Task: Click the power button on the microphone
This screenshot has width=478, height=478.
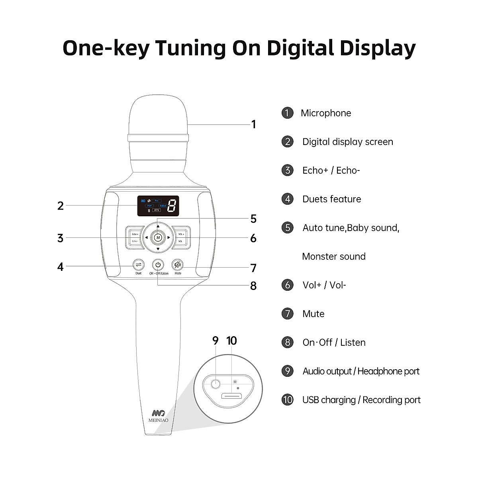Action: tap(158, 265)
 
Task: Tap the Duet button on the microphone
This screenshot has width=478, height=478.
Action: tap(138, 264)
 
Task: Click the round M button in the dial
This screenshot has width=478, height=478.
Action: tap(158, 237)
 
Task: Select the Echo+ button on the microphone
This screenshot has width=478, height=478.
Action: tap(135, 234)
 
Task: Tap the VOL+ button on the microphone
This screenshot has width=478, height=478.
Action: tap(181, 234)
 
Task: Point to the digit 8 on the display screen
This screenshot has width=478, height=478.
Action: tap(172, 206)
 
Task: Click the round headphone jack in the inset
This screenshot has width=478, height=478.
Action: tap(215, 384)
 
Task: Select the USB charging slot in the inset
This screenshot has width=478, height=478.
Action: tap(231, 396)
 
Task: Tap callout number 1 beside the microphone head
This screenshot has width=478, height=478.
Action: tap(253, 125)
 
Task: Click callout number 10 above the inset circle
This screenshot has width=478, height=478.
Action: tap(231, 341)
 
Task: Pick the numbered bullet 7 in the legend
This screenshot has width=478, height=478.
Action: tap(287, 314)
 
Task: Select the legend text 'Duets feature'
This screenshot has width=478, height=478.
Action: tap(331, 199)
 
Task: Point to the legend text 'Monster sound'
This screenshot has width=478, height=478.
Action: tap(334, 257)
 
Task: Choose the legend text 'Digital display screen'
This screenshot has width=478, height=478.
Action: tap(347, 142)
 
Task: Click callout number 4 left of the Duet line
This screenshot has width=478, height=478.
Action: tap(60, 266)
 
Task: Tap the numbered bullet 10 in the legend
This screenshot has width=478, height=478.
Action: tap(287, 400)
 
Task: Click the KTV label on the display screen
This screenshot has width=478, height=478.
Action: tap(157, 210)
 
